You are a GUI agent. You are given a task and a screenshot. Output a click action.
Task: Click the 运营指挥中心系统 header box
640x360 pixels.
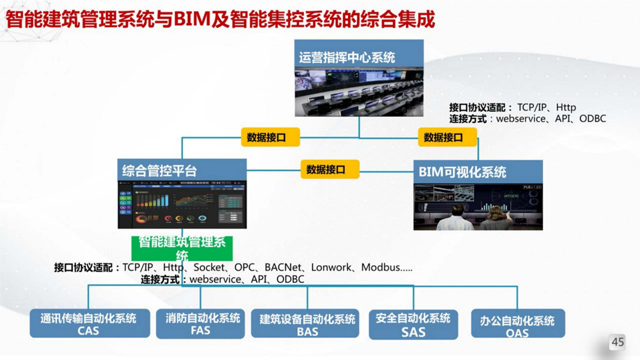[359, 56]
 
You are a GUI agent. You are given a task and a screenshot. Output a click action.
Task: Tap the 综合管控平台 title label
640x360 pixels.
[159, 171]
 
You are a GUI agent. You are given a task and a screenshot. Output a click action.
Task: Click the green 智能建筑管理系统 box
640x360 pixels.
[182, 248]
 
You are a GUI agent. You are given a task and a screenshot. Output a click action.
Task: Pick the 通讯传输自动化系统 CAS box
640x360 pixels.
[89, 324]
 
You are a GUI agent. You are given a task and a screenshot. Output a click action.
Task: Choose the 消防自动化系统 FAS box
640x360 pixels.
[201, 324]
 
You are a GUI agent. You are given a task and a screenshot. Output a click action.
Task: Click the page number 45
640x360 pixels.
[617, 342]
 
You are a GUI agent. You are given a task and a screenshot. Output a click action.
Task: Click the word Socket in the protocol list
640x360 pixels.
[209, 267]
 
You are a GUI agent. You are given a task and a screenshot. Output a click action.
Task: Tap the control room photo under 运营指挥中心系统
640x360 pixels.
[359, 91]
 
